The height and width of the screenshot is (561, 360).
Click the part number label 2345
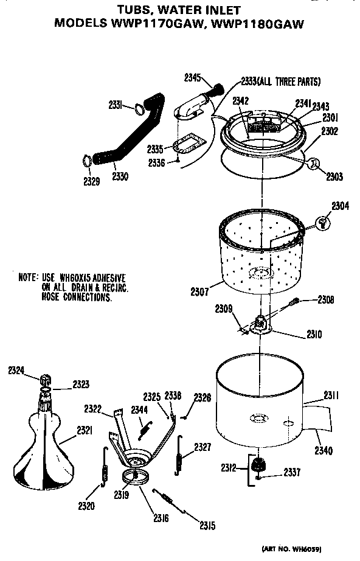click(192, 77)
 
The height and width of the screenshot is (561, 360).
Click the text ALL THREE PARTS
click(289, 82)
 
